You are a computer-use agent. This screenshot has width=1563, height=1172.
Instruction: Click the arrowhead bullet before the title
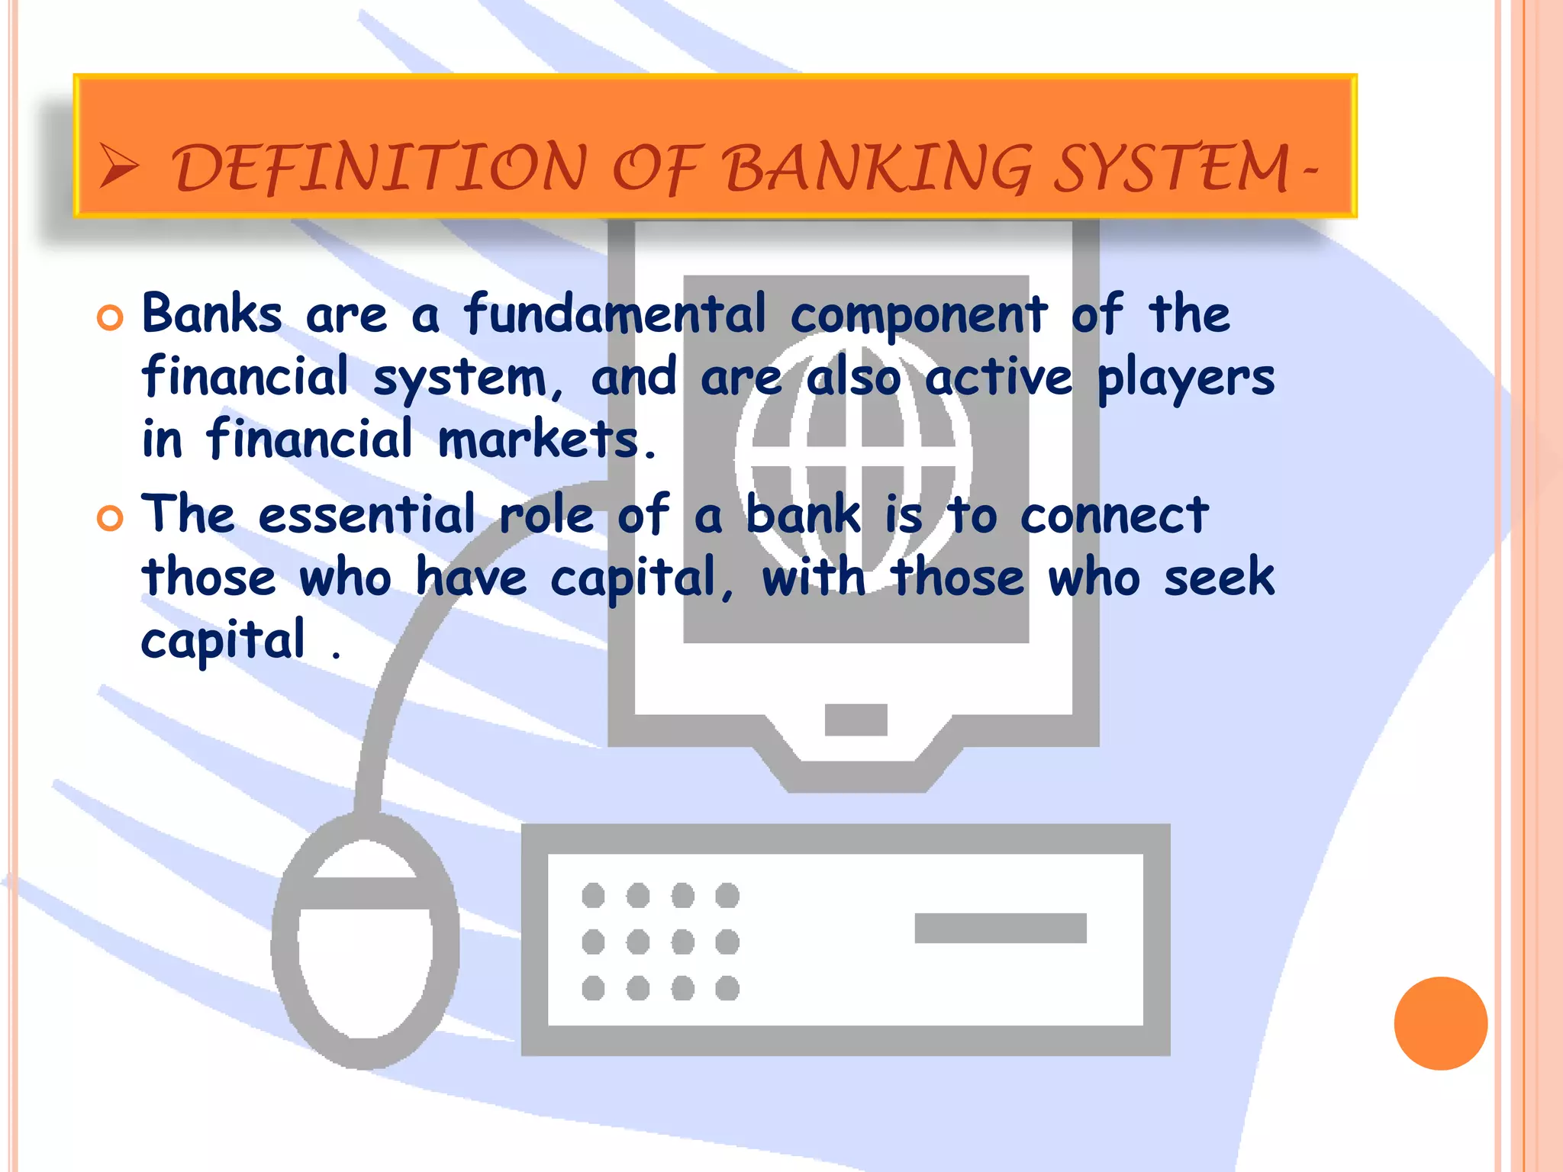tap(119, 167)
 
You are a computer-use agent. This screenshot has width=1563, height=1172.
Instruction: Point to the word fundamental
tap(615, 314)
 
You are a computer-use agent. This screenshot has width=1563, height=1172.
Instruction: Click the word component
tap(918, 316)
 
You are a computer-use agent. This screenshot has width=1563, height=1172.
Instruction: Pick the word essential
tap(367, 514)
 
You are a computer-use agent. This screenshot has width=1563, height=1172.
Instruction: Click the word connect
tap(1114, 516)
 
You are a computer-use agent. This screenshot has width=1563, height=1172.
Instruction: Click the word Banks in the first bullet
tap(212, 314)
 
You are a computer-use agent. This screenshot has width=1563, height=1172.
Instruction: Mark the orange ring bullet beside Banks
tap(110, 318)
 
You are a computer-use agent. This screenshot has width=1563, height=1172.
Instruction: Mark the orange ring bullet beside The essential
tap(110, 519)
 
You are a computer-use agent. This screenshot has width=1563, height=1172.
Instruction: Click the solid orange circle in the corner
tap(1440, 1023)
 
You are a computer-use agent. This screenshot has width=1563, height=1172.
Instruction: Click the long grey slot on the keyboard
tap(1000, 928)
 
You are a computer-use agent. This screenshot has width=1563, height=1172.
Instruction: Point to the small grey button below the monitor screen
tap(856, 720)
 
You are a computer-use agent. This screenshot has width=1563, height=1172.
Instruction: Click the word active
tap(998, 378)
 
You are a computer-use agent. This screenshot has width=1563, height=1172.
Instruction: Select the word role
tap(546, 514)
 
